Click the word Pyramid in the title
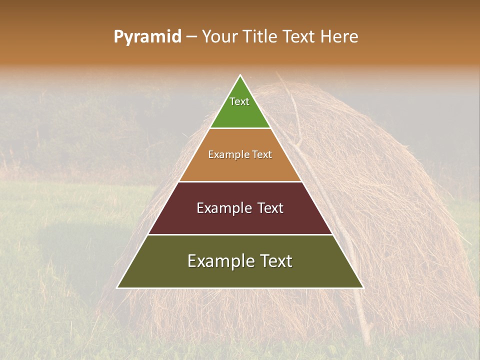(x=147, y=37)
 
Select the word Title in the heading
(x=260, y=37)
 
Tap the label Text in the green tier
(x=239, y=101)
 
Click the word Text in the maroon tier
(x=270, y=208)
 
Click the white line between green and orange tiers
(x=240, y=128)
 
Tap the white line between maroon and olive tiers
(x=240, y=234)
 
